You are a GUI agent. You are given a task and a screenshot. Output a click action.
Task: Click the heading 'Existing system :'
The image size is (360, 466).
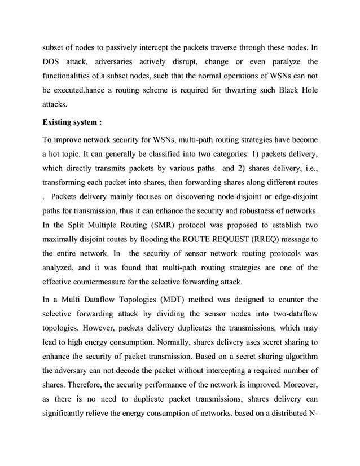[72, 121]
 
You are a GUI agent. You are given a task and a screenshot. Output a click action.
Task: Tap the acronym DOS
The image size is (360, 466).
[54, 61]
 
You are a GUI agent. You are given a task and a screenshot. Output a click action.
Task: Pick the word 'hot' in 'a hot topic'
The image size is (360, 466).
[60, 153]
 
